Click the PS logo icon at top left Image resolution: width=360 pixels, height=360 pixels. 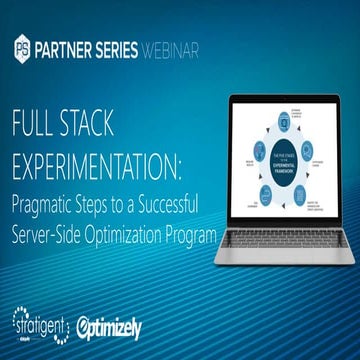(23, 48)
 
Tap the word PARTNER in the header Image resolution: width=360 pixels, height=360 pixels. (69, 48)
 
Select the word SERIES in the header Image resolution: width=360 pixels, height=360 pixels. (134, 48)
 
